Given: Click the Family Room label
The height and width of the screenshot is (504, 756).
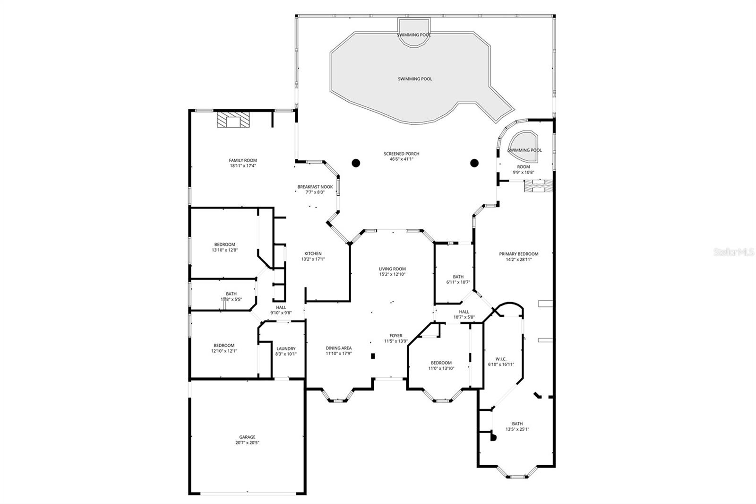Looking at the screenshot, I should pyautogui.click(x=243, y=161).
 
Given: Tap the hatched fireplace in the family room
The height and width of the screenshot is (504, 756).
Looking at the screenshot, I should pyautogui.click(x=233, y=120).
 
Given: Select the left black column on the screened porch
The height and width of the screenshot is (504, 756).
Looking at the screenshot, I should pyautogui.click(x=356, y=163).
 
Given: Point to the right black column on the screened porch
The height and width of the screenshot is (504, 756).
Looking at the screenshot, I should pyautogui.click(x=474, y=163).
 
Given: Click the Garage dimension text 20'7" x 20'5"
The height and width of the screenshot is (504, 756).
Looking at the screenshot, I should pyautogui.click(x=248, y=443).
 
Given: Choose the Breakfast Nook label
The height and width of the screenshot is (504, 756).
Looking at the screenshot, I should pyautogui.click(x=315, y=187).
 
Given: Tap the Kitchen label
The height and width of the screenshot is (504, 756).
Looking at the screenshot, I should pyautogui.click(x=313, y=253).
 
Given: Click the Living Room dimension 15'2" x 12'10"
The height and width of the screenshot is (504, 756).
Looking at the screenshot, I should pyautogui.click(x=392, y=274).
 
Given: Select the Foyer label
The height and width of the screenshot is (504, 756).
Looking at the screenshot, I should pyautogui.click(x=396, y=336).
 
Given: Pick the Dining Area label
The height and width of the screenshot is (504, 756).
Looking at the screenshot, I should pyautogui.click(x=338, y=348).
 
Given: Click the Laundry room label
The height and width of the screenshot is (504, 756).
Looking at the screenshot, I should pyautogui.click(x=286, y=348).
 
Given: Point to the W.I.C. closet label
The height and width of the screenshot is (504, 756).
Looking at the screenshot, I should pyautogui.click(x=501, y=359).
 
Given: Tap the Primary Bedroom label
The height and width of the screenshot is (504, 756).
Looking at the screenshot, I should pyautogui.click(x=518, y=254).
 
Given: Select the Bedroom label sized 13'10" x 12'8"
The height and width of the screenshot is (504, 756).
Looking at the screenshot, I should pyautogui.click(x=224, y=244).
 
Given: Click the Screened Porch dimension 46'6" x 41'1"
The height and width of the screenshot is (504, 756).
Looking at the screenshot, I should pyautogui.click(x=401, y=159).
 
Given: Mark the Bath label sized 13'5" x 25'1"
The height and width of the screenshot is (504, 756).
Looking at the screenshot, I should pyautogui.click(x=517, y=424).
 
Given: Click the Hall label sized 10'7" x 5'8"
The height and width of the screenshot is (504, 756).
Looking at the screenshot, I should pyautogui.click(x=464, y=312).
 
